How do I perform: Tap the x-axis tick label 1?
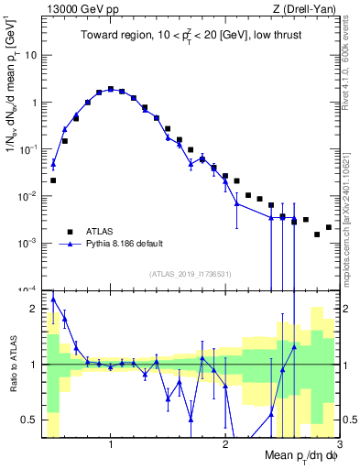point(111,445)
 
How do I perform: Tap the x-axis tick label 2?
point(225,445)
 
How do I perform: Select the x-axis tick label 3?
point(338,445)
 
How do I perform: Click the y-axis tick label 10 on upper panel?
point(30,55)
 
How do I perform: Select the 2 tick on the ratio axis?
point(33,309)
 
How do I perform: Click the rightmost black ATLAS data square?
point(328,227)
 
